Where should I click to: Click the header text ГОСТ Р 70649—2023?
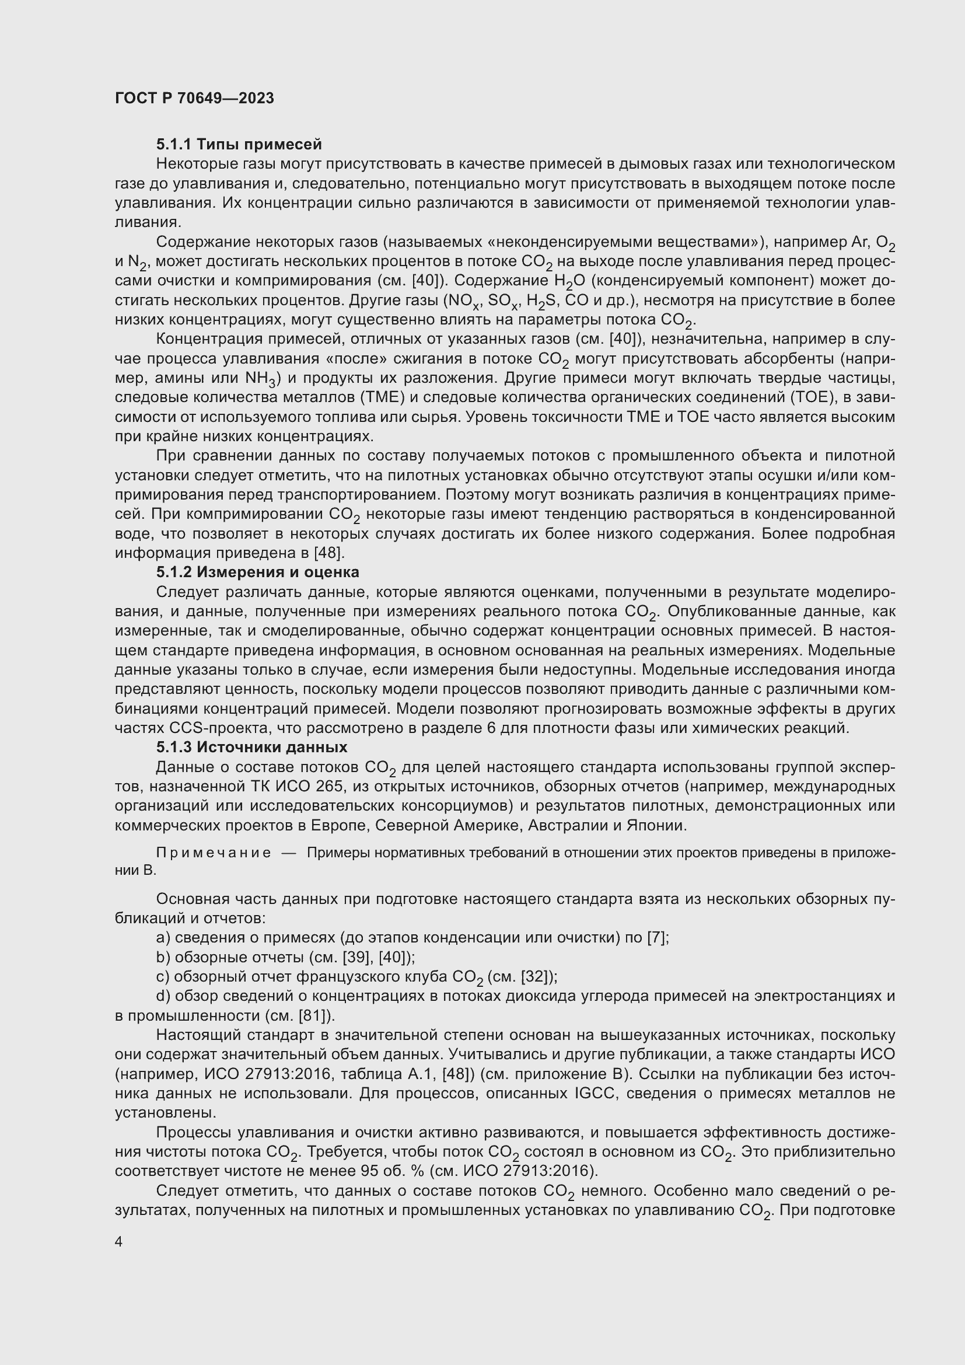194,98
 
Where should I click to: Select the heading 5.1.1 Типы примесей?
239,145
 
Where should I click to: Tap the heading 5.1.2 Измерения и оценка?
257,572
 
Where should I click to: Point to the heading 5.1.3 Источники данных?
251,747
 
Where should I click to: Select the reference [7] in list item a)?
658,938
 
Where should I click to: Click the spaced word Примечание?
214,853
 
